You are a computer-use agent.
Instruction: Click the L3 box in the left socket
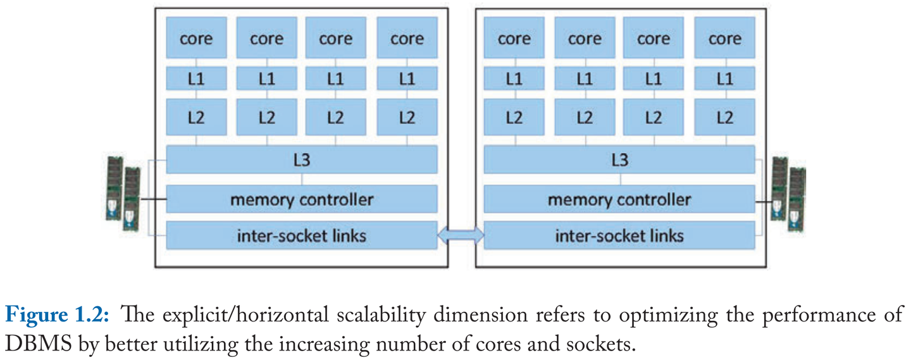302,159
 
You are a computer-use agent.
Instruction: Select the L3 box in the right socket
619,159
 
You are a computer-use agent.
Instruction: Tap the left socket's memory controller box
302,199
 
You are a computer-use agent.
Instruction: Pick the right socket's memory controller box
619,199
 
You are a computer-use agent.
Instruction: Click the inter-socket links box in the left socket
302,235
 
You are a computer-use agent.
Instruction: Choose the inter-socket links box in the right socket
619,235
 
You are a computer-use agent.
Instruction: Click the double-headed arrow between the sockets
461,235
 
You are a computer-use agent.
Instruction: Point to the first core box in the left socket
196,39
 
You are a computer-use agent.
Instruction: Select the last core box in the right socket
724,39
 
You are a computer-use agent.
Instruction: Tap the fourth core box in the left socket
407,39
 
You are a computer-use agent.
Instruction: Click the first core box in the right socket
514,39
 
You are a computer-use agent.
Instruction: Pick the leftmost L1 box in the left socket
196,79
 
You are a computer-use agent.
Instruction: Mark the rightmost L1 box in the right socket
724,79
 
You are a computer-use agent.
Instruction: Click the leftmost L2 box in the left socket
196,117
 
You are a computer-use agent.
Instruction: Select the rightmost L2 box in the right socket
724,117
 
